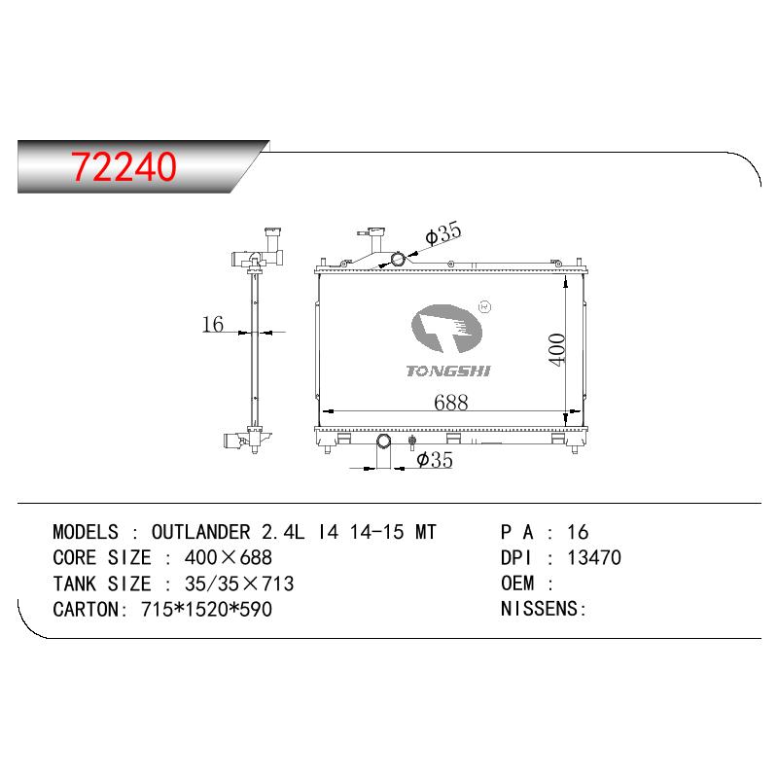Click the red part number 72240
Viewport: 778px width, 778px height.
click(124, 166)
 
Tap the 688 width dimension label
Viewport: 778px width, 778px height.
click(450, 403)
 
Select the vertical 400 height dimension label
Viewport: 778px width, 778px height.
click(556, 349)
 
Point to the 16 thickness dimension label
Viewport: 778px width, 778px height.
click(213, 324)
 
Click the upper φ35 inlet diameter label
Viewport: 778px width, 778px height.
click(443, 233)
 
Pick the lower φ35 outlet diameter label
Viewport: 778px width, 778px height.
click(435, 460)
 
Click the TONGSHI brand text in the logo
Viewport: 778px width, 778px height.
click(448, 371)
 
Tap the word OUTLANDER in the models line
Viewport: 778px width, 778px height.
click(201, 532)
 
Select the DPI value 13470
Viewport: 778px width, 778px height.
click(594, 557)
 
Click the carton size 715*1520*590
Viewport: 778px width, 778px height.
click(206, 610)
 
